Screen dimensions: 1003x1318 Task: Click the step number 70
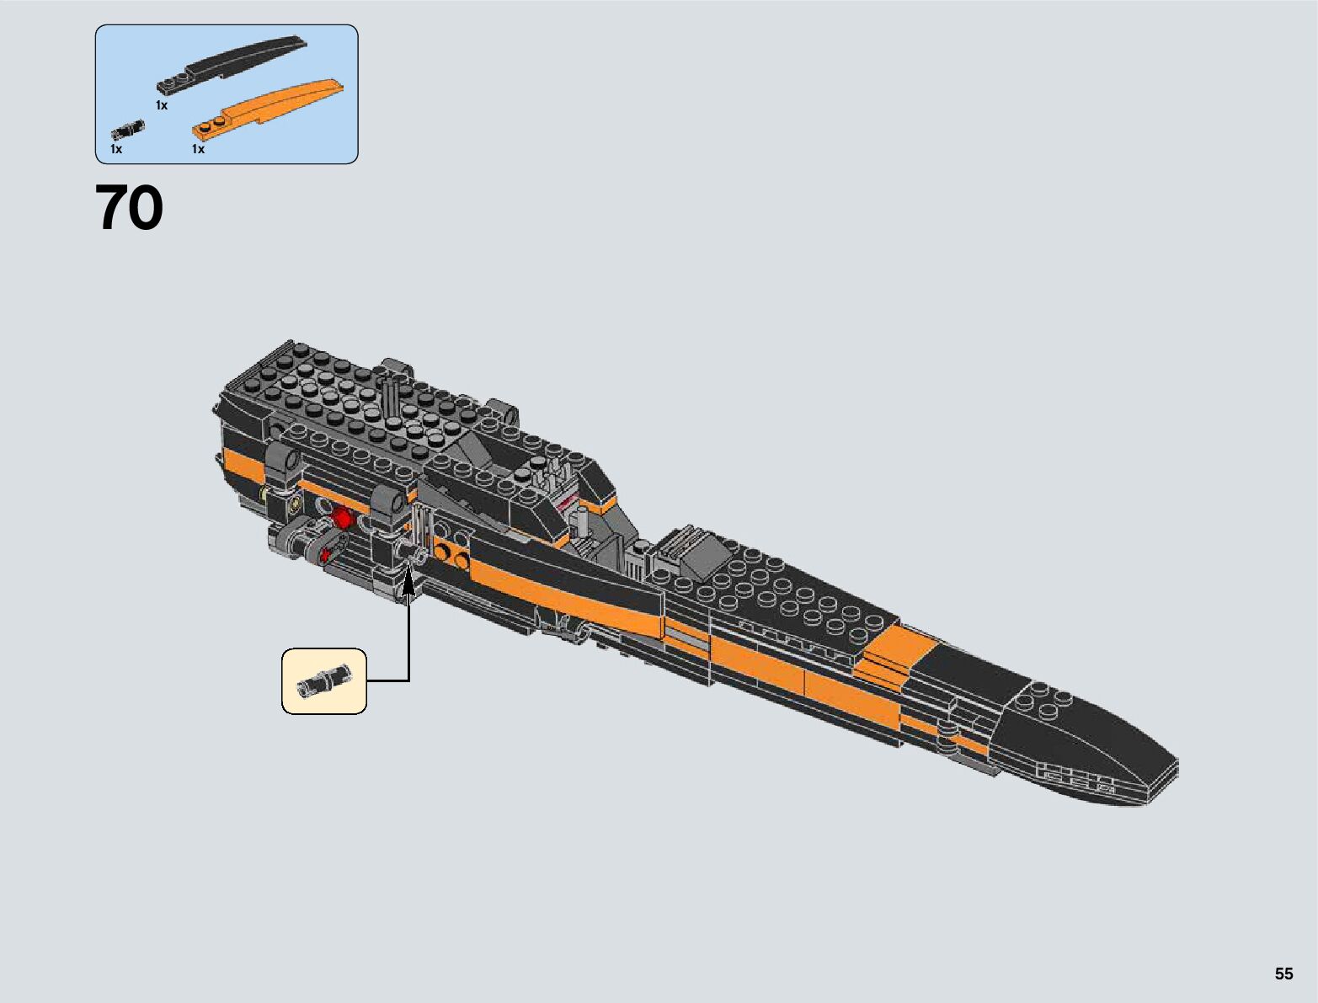pyautogui.click(x=129, y=209)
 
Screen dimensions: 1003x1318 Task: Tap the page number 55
pyautogui.click(x=1283, y=974)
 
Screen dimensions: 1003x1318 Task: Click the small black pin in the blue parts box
pyautogui.click(x=128, y=130)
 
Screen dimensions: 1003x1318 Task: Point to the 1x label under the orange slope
pyautogui.click(x=198, y=149)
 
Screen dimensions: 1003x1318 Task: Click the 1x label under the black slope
pyautogui.click(x=162, y=105)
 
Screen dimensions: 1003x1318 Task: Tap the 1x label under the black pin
pyautogui.click(x=116, y=149)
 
